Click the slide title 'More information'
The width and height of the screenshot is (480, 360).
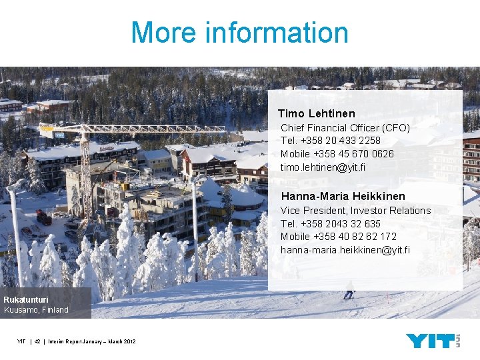(x=239, y=33)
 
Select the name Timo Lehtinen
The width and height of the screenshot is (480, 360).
(x=317, y=114)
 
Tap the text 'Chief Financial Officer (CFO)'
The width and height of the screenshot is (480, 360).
(x=345, y=127)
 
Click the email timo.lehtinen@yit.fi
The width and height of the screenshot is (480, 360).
(x=323, y=167)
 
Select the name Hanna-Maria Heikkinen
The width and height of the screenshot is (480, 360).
(x=343, y=197)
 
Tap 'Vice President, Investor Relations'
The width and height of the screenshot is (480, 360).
(x=355, y=211)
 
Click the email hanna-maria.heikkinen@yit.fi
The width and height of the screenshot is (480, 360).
(x=345, y=250)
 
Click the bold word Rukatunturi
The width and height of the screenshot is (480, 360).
(x=26, y=300)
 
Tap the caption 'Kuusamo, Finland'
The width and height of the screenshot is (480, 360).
(x=36, y=310)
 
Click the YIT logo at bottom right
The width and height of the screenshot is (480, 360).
(x=433, y=341)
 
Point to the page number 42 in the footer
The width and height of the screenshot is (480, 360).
(x=38, y=342)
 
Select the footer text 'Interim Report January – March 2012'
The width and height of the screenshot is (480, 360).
(x=92, y=342)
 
